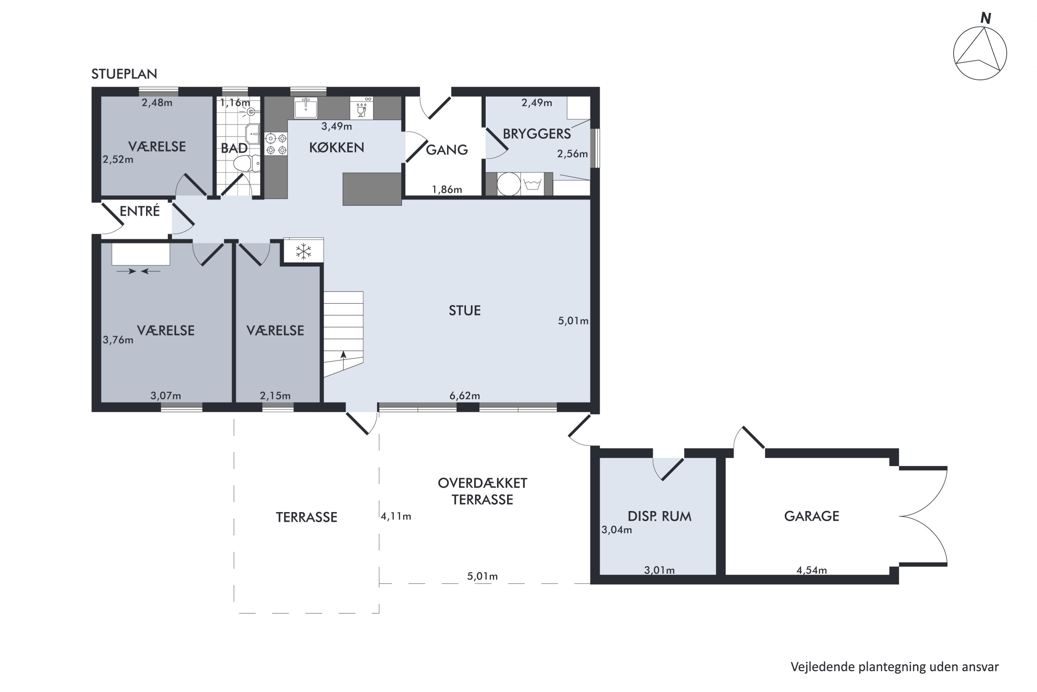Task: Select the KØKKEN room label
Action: point(336,147)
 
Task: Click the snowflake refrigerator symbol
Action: point(303,251)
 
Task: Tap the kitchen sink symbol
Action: point(306,108)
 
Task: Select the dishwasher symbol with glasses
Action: point(362,108)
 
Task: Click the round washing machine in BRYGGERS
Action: point(509,184)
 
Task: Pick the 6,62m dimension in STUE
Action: point(465,396)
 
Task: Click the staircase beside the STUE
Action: point(344,334)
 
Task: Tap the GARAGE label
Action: point(811,516)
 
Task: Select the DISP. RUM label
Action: point(659,516)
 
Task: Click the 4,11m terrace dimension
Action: point(396,516)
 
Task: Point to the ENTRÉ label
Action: point(140,211)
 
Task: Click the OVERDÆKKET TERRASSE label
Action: point(482,492)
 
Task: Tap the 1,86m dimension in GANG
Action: point(447,190)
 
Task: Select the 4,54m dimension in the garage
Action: point(811,570)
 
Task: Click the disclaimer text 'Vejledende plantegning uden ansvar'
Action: point(895,667)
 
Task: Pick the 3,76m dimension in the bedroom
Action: point(118,340)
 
